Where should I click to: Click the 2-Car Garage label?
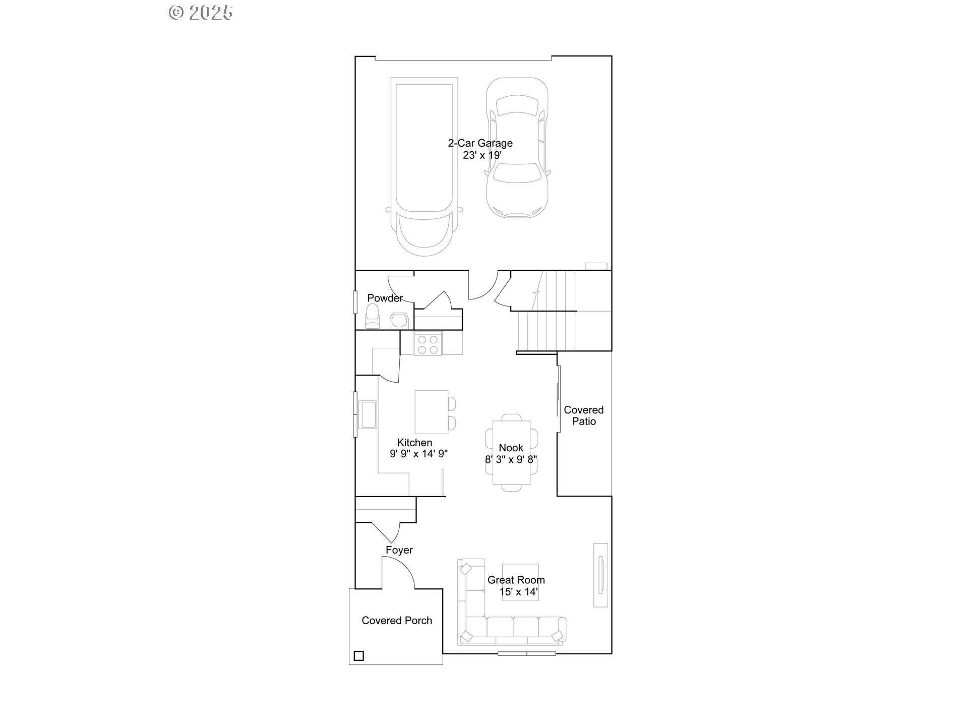pos(480,143)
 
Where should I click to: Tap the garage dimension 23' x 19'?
pos(482,155)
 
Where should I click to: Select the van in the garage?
pos(423,166)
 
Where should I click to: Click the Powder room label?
pos(385,298)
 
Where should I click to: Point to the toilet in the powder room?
pos(372,316)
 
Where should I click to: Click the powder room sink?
pos(399,320)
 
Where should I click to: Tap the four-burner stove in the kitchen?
pos(428,344)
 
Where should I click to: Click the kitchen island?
pos(431,411)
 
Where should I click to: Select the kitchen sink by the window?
pos(368,414)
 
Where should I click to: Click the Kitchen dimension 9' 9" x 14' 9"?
pos(418,454)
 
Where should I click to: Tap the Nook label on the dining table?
pos(511,448)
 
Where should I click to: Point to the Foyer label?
pos(399,550)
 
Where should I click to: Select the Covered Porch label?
pos(397,621)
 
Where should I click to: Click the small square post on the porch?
pos(358,656)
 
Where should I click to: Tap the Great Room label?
pos(516,580)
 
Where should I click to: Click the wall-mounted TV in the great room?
pos(600,575)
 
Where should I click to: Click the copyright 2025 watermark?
pos(201,13)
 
